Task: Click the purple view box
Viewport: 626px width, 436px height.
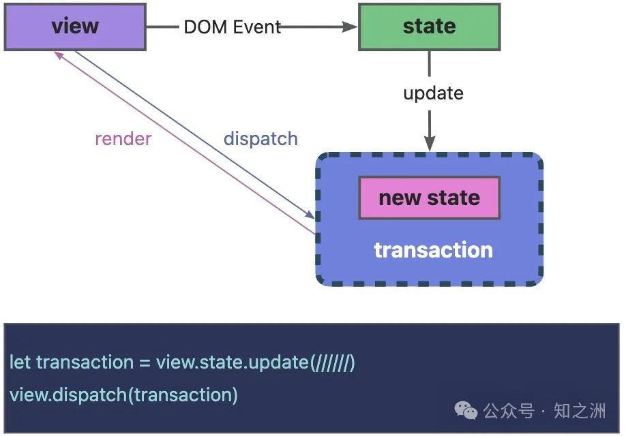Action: pos(75,27)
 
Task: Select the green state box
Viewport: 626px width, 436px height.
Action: pos(429,27)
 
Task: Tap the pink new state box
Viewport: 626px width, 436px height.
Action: pos(429,198)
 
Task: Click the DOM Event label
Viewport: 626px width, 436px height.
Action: pos(232,27)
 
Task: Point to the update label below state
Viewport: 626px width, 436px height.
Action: pos(433,93)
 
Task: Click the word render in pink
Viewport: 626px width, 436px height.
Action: pos(123,139)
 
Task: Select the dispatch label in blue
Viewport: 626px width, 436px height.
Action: pos(260,139)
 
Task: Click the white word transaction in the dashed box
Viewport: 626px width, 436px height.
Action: pos(433,250)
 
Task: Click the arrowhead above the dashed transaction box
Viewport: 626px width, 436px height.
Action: pos(430,144)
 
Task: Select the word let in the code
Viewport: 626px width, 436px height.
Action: pos(20,362)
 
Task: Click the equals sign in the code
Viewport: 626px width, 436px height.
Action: pos(144,362)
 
